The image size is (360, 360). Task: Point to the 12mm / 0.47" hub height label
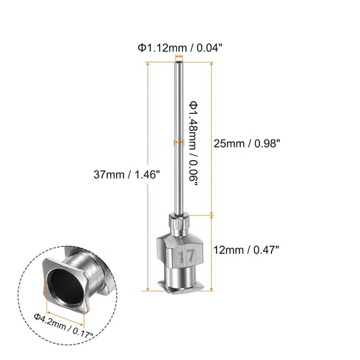[x=248, y=250]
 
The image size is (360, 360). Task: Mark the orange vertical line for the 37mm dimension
[x=151, y=174]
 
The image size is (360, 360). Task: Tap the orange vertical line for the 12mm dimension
[x=212, y=250]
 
